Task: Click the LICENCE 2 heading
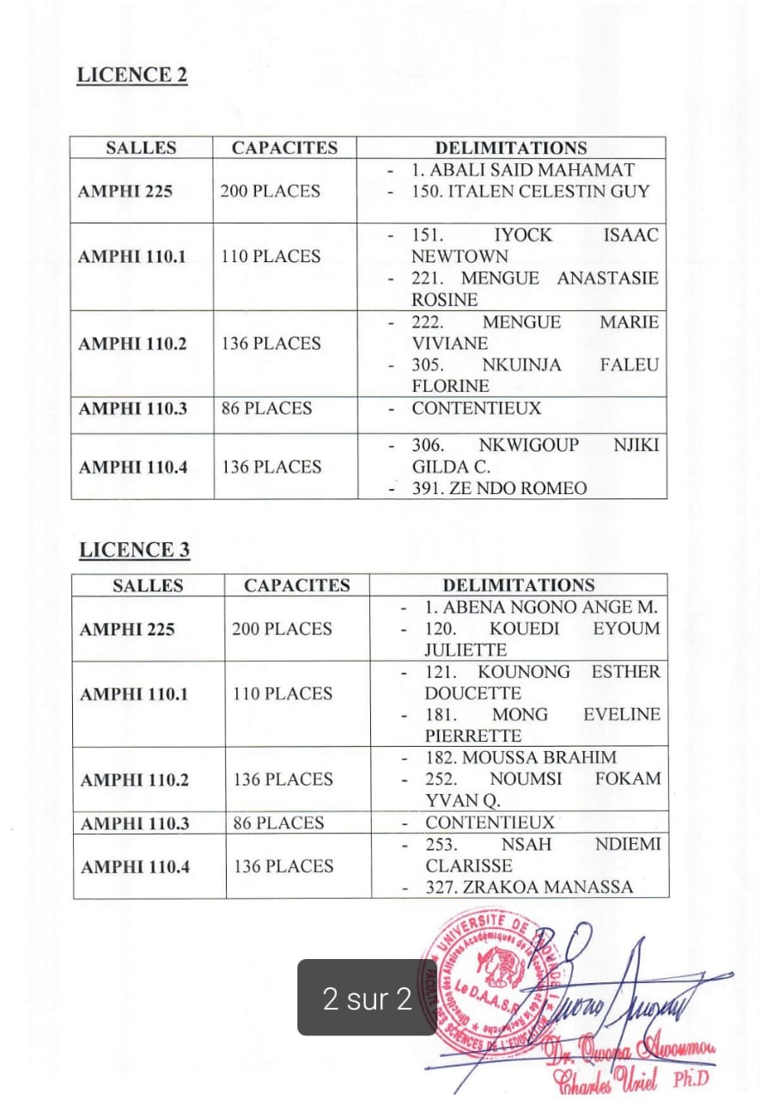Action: coord(131,75)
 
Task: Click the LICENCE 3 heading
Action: coord(134,550)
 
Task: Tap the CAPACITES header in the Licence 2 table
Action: coord(284,148)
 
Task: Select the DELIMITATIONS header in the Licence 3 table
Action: coord(518,585)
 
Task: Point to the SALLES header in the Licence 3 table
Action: coord(148,586)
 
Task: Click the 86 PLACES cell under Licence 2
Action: coord(266,408)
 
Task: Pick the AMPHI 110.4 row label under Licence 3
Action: coord(135,866)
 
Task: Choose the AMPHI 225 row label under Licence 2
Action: coord(125,191)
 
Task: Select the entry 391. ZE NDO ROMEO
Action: coord(499,488)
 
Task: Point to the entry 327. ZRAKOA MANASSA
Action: coord(529,887)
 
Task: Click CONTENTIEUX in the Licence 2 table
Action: coord(476,408)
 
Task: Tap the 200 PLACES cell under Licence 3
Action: coord(281,629)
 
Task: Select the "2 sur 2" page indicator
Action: coord(367,998)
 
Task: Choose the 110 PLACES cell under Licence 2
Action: coord(271,256)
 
